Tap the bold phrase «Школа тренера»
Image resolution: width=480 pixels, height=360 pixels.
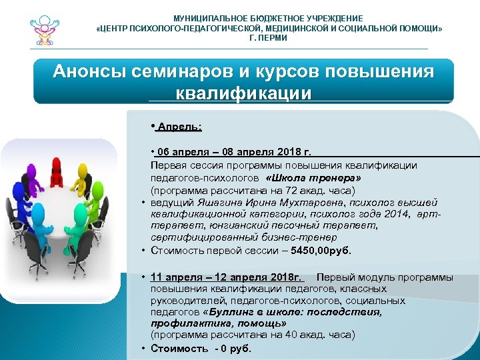[313, 179]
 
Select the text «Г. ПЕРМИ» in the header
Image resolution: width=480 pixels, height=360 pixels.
[269, 38]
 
